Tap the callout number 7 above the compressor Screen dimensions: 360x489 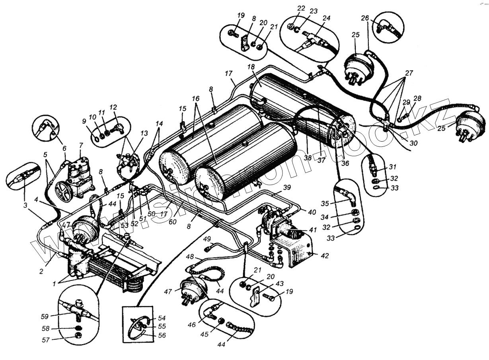coord(81,145)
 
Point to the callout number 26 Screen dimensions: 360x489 coord(365,18)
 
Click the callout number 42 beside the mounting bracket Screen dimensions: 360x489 coord(325,256)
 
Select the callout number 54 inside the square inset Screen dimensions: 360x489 coord(162,318)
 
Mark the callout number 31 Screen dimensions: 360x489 coord(393,166)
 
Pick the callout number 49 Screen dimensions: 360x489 coord(207,239)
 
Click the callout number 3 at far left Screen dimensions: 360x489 coord(25,206)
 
